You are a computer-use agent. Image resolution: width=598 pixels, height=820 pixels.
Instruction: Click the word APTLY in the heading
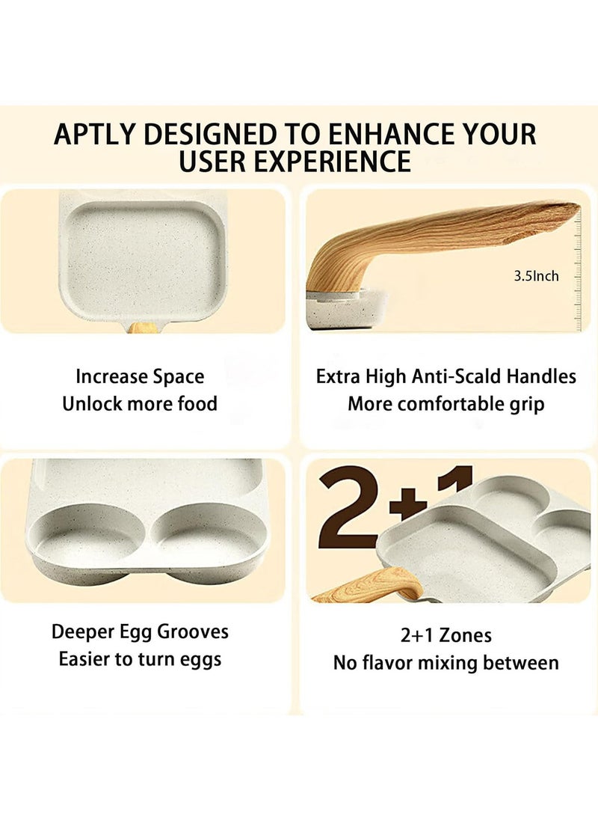click(x=95, y=134)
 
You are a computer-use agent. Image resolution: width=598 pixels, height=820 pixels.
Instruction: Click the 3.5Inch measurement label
click(x=536, y=276)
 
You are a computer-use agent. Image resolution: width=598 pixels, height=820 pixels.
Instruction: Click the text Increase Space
click(x=140, y=376)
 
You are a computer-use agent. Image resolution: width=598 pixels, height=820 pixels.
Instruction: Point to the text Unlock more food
click(x=140, y=404)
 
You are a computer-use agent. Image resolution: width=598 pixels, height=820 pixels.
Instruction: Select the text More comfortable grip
click(x=446, y=404)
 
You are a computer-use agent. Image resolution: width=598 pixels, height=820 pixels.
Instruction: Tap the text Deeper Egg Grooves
click(x=140, y=631)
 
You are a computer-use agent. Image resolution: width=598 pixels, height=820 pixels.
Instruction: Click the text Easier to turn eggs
click(x=140, y=659)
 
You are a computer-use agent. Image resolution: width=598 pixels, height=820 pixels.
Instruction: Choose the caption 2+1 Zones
click(x=446, y=635)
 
